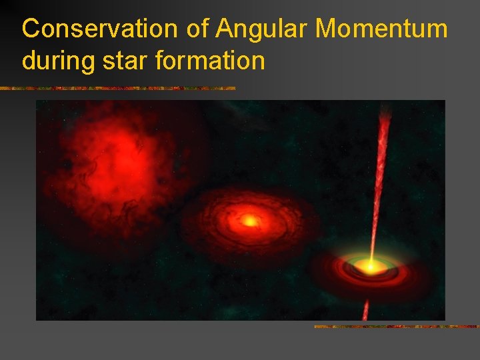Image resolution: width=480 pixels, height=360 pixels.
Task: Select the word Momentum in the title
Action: coord(381,29)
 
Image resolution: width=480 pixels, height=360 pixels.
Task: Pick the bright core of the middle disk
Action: coord(249,219)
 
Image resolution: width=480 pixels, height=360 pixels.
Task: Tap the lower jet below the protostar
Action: coord(365,309)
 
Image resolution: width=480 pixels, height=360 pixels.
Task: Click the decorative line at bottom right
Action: coord(396,327)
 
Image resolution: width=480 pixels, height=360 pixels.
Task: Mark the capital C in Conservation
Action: coord(31,29)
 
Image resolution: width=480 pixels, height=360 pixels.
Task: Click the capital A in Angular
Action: coord(225,29)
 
